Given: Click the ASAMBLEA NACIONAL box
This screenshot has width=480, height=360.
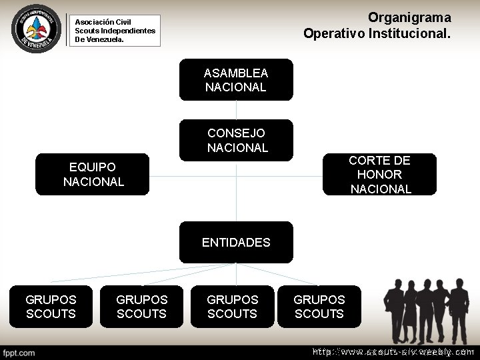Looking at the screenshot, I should click(236, 80).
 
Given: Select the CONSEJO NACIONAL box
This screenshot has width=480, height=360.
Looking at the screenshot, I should click(236, 140).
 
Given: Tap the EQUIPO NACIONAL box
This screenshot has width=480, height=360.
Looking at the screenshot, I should click(93, 175).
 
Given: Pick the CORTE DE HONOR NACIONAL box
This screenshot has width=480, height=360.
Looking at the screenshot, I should click(380, 175).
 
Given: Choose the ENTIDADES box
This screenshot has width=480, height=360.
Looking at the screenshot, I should click(236, 242).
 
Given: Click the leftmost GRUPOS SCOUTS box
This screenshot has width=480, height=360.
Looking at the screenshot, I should click(51, 307).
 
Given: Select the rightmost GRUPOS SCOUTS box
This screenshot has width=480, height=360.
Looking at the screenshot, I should click(319, 307).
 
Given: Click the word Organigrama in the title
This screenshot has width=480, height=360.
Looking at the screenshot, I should click(409, 17).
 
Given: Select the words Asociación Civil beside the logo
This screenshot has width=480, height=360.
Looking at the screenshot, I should click(103, 22).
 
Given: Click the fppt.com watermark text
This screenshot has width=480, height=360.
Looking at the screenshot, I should click(19, 351).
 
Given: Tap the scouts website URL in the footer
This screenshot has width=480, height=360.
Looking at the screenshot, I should click(393, 351).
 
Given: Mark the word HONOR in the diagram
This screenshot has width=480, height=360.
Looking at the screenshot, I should click(380, 175).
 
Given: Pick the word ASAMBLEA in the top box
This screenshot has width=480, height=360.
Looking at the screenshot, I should click(236, 73).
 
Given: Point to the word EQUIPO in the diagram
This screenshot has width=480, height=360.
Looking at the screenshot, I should click(93, 167).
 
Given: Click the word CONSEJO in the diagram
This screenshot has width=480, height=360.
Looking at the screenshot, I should click(236, 133).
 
